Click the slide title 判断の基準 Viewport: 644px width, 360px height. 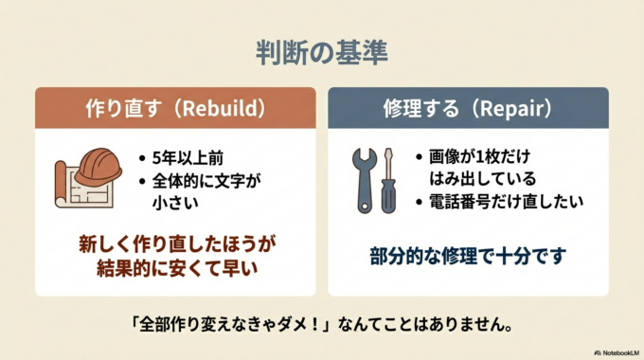[321, 52]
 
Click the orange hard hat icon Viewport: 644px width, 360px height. [98, 165]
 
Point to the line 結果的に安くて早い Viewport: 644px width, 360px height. [176, 269]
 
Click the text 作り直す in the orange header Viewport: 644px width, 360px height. [116, 108]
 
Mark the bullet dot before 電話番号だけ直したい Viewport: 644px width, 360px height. [420, 201]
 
